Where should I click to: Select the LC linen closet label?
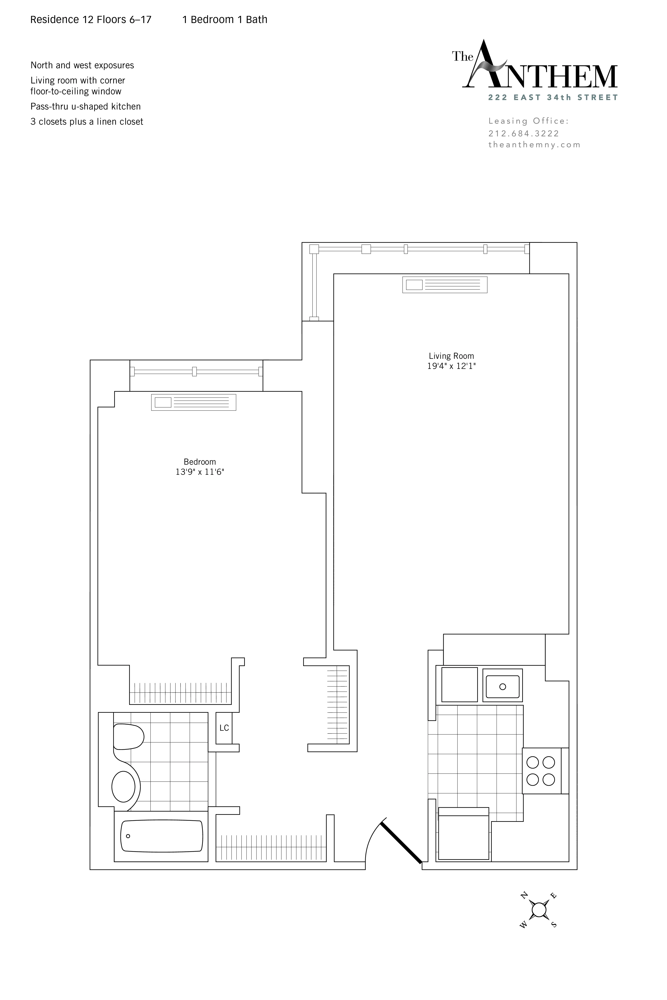[x=224, y=728]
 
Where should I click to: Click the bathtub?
[x=162, y=836]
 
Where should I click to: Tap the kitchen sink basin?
[x=502, y=687]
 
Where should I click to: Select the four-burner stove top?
[x=541, y=771]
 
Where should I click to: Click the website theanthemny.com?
[x=534, y=145]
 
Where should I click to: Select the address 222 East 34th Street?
[x=553, y=97]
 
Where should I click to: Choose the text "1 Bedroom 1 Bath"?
[x=225, y=20]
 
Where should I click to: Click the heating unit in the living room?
[x=444, y=285]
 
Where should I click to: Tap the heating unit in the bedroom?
[x=194, y=402]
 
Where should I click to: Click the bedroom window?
[x=196, y=372]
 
